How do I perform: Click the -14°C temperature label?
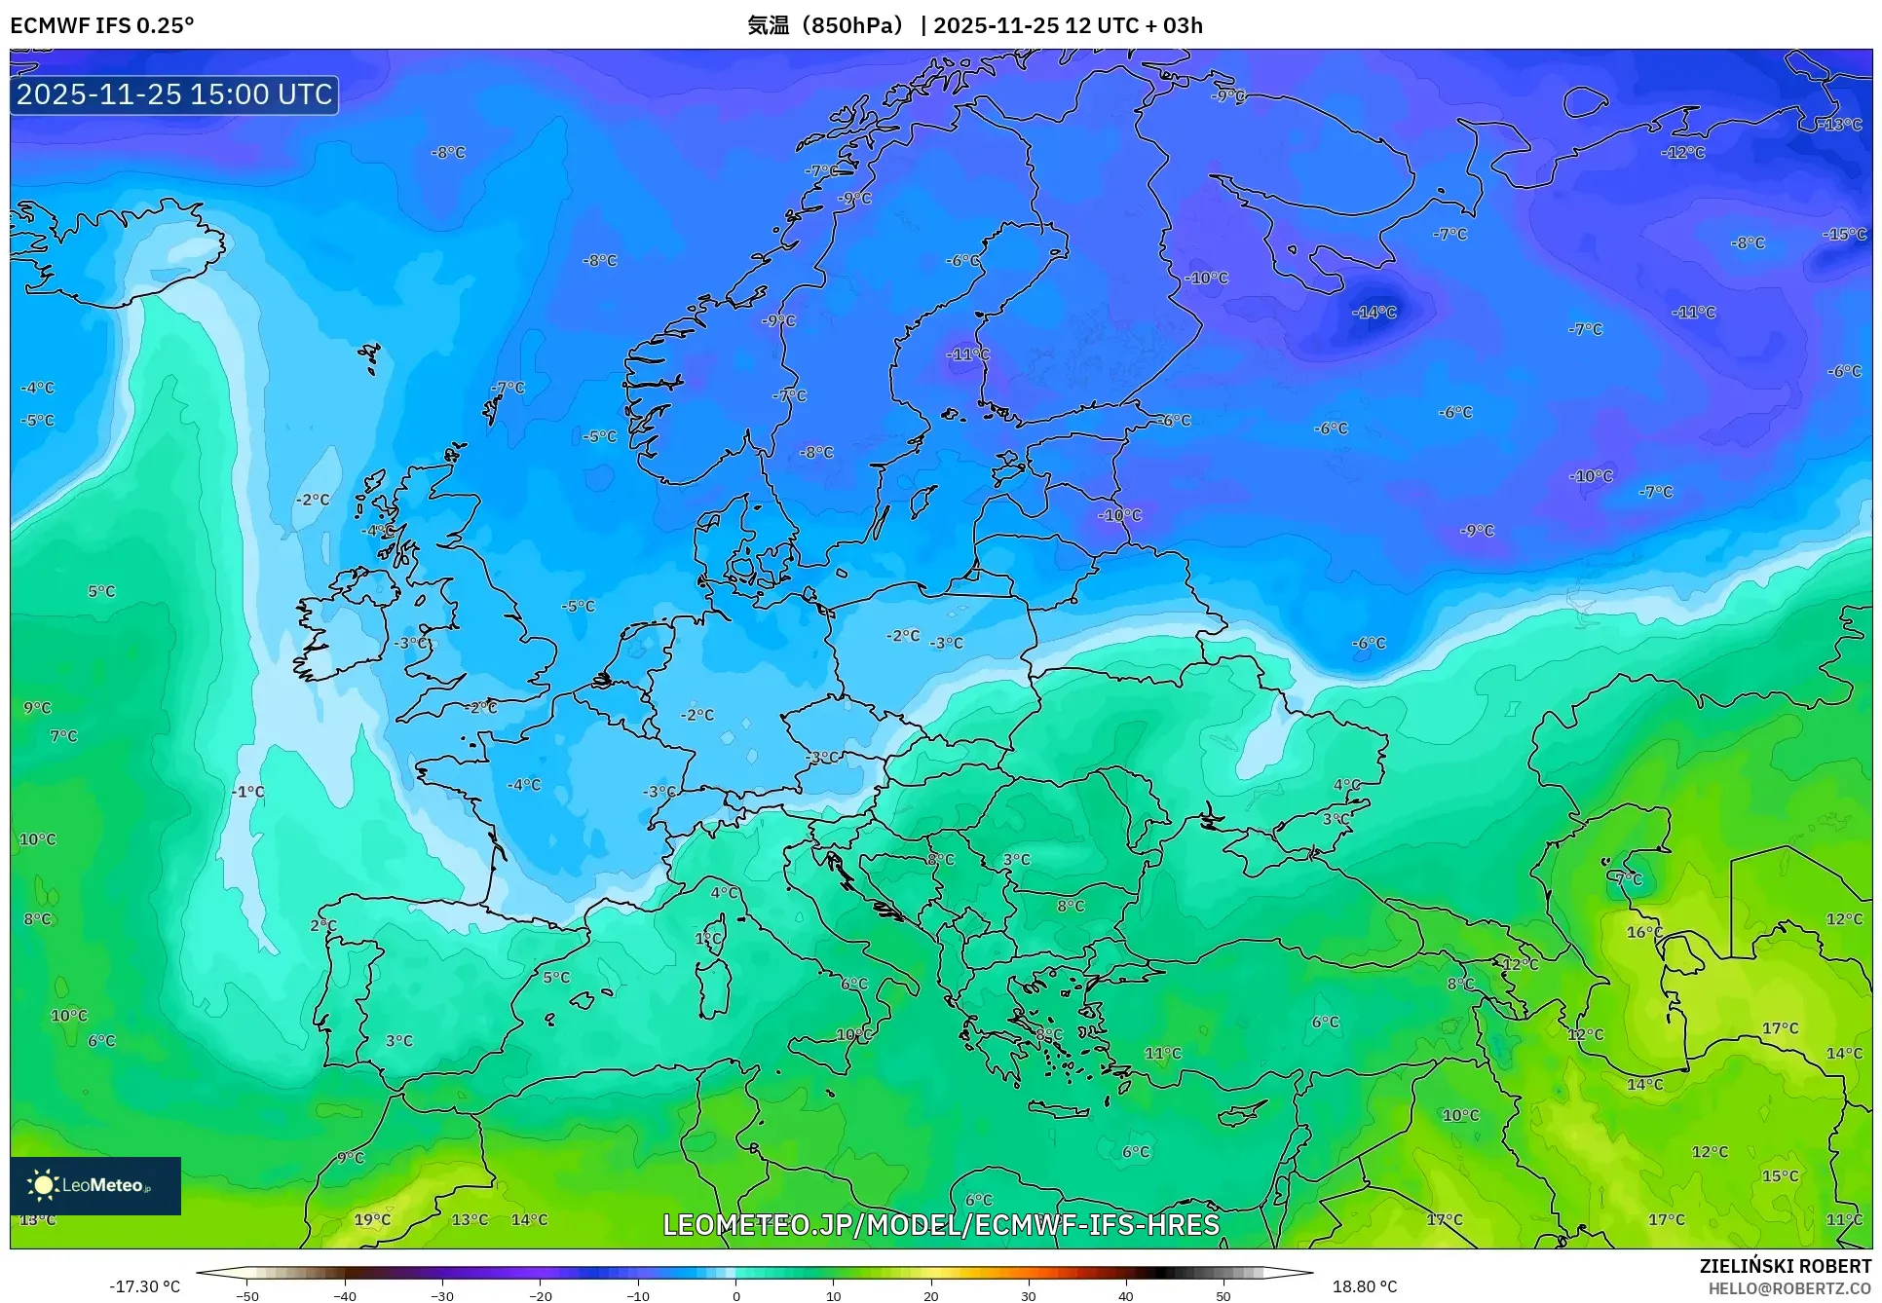(1374, 313)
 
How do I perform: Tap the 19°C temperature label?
(372, 1219)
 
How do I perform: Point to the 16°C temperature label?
(1644, 932)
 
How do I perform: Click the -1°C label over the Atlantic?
(249, 792)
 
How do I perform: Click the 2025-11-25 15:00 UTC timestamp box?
(174, 94)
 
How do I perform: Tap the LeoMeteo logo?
(95, 1185)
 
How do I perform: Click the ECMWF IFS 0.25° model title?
(102, 25)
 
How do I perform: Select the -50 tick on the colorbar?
(247, 1295)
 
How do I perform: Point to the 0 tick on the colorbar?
(735, 1295)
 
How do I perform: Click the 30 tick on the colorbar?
(1029, 1295)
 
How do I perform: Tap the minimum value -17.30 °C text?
(144, 1286)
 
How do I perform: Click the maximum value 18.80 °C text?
(1364, 1286)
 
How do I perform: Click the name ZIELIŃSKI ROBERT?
(1785, 1266)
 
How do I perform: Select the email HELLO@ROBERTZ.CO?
(1788, 1288)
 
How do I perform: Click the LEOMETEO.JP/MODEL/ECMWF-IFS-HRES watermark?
(941, 1224)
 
